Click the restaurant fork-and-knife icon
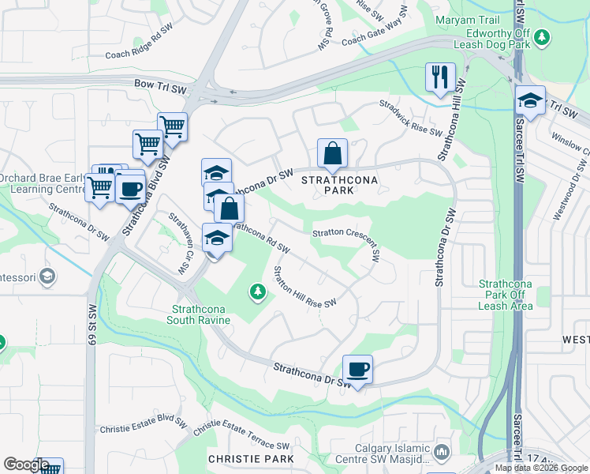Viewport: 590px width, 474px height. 439,77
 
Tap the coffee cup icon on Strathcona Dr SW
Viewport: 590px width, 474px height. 357,369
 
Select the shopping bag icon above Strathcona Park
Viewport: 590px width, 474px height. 333,153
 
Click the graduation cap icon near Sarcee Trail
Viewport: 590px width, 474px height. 531,100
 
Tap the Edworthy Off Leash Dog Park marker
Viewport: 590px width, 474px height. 541,36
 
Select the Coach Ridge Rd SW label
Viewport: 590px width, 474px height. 139,44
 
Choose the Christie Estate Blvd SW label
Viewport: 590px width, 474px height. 142,427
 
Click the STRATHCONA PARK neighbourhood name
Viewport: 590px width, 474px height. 340,186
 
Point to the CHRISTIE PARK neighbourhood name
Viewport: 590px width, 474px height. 251,458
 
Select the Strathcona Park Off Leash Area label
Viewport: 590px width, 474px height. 505,295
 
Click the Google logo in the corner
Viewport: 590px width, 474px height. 25,465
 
